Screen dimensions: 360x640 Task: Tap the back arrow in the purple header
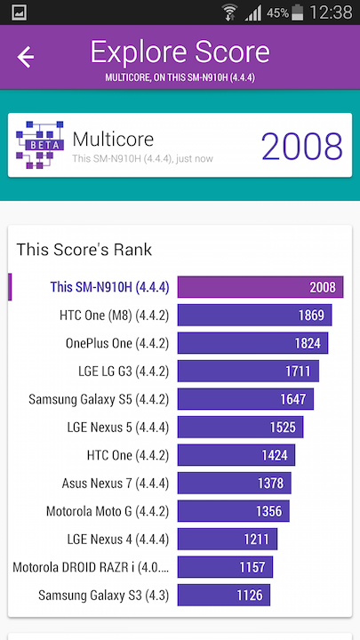[25, 57]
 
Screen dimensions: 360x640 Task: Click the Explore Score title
[180, 52]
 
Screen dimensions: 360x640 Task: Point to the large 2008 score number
[301, 146]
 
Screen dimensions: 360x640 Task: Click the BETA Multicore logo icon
[40, 145]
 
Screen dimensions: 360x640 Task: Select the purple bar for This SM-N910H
[260, 287]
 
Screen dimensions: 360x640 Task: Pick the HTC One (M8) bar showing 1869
[254, 315]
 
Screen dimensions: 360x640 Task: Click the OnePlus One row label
[117, 343]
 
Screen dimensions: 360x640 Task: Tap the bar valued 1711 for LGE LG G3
[248, 371]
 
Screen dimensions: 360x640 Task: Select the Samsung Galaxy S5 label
[99, 399]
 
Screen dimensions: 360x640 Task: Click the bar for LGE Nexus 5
[240, 427]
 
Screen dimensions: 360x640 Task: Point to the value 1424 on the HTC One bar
[275, 455]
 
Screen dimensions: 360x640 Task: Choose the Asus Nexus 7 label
[115, 484]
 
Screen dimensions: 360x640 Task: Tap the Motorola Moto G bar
[234, 511]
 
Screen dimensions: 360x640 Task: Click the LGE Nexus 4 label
[118, 540]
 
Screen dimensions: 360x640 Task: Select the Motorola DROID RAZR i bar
[225, 567]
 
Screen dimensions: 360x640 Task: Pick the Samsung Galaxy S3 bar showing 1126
[224, 595]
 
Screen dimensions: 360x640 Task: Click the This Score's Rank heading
[84, 250]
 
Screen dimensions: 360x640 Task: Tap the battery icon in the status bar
[297, 12]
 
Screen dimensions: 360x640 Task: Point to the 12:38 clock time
[331, 12]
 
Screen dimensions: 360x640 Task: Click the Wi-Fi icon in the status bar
[230, 12]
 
